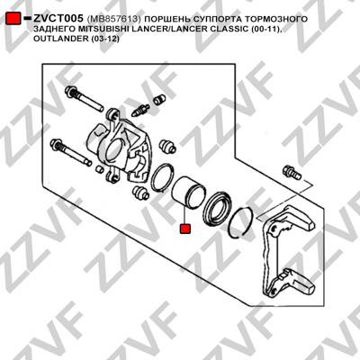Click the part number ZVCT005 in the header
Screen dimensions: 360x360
58,19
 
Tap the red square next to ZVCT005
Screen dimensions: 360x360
13,18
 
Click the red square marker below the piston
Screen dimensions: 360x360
184,229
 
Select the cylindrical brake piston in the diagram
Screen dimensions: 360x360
188,193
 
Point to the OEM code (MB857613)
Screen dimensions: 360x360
113,19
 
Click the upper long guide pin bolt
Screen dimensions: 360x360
84,98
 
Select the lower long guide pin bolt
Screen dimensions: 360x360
71,151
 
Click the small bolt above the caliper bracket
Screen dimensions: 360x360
292,172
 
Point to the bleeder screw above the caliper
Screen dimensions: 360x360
140,111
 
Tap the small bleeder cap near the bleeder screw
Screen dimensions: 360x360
159,99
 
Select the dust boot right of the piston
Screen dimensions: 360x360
218,208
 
